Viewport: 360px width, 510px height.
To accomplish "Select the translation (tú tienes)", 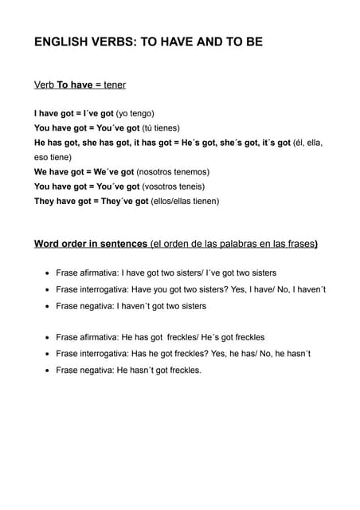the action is click(x=161, y=127).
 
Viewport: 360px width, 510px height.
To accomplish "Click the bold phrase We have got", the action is click(x=59, y=171).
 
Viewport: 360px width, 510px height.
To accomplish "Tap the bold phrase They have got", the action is click(x=62, y=201).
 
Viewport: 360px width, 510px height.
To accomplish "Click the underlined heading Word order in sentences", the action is click(x=91, y=244).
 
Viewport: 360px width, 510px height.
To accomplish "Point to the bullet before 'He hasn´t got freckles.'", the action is click(x=49, y=371).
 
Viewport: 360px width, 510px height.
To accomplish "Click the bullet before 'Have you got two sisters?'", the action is click(x=49, y=289).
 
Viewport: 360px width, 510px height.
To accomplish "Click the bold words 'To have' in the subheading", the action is click(x=75, y=84).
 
